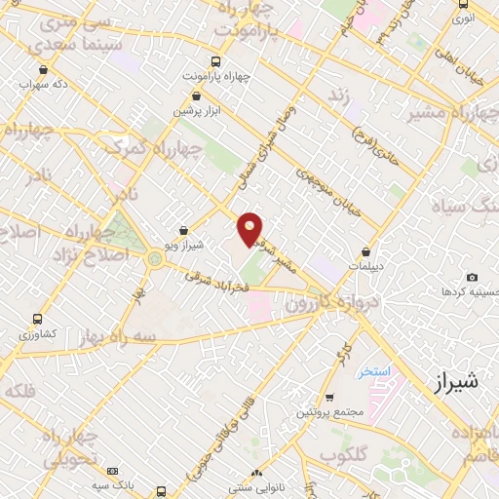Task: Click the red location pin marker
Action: point(250,227)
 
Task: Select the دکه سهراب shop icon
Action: point(46,69)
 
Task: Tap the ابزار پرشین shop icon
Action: point(198,97)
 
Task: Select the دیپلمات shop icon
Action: point(366,250)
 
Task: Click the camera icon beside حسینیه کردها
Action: point(473,278)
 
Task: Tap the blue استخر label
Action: point(373,372)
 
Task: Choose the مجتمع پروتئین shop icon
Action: point(329,398)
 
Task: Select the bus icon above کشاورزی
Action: point(38,319)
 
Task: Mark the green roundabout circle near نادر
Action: point(155,259)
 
